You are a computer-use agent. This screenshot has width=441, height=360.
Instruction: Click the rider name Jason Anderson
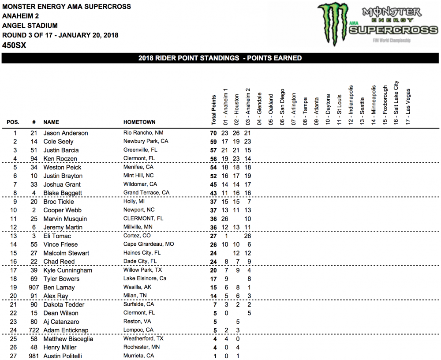point(65,133)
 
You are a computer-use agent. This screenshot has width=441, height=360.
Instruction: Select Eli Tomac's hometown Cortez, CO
point(137,236)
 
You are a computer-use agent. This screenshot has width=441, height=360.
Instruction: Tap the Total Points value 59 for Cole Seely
point(214,142)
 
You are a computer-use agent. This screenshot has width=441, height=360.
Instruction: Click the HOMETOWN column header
point(139,122)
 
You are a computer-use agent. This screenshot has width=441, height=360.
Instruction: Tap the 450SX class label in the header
point(14,45)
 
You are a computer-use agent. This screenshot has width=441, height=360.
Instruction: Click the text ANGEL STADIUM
point(30,26)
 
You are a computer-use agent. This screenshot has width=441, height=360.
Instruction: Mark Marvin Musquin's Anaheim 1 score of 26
point(224,219)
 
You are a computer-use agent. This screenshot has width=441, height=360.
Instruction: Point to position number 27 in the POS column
point(15,356)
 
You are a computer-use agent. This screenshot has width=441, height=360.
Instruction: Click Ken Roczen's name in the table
point(60,159)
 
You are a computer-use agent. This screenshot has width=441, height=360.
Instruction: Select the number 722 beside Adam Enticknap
point(33,330)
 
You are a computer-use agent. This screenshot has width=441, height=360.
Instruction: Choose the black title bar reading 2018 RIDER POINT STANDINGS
point(220,58)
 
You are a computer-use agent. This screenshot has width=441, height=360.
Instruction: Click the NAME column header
point(51,122)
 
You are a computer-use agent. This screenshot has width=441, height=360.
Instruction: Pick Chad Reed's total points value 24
point(214,262)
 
